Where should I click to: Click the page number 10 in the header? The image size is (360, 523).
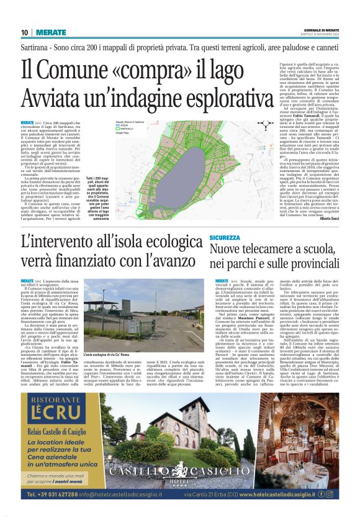tap(24, 32)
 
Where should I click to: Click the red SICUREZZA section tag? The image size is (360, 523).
tap(224, 238)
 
